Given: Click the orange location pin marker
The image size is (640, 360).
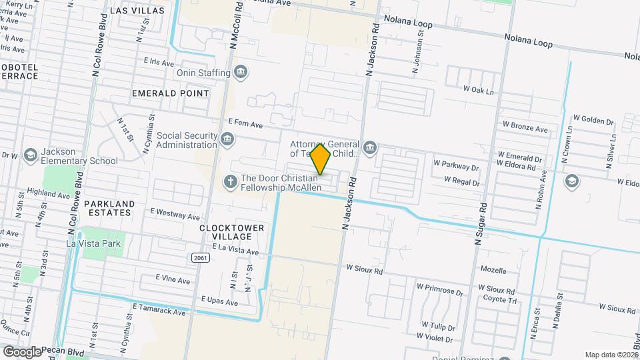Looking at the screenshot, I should [x=321, y=158].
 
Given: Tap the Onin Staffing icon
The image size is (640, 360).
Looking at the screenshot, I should [x=240, y=72].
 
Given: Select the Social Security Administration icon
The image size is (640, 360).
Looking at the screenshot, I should [x=228, y=139].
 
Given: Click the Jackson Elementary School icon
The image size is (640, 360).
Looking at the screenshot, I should [x=30, y=155].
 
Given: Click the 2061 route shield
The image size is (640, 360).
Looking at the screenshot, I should [x=199, y=257].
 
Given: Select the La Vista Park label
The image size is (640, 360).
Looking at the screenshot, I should [x=93, y=243].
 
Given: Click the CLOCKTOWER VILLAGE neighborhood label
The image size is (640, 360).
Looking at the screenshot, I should [x=231, y=232].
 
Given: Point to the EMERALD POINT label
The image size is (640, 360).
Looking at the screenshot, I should [x=170, y=93].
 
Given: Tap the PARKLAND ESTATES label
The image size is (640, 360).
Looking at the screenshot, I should [x=109, y=208].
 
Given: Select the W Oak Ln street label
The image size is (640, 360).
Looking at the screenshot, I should [x=479, y=90].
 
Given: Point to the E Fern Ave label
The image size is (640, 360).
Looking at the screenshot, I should [x=245, y=123].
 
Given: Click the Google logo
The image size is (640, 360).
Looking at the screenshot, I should [x=22, y=351].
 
